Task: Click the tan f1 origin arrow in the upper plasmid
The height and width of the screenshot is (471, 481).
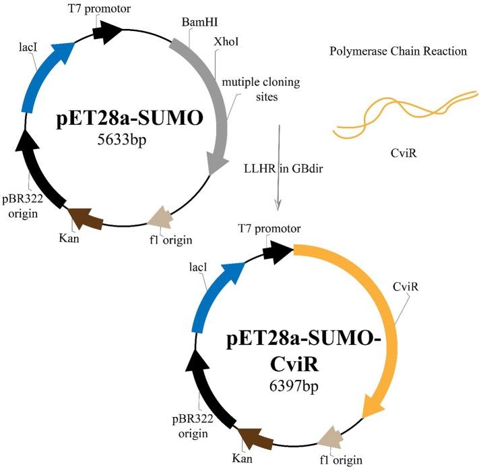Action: tap(161, 215)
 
